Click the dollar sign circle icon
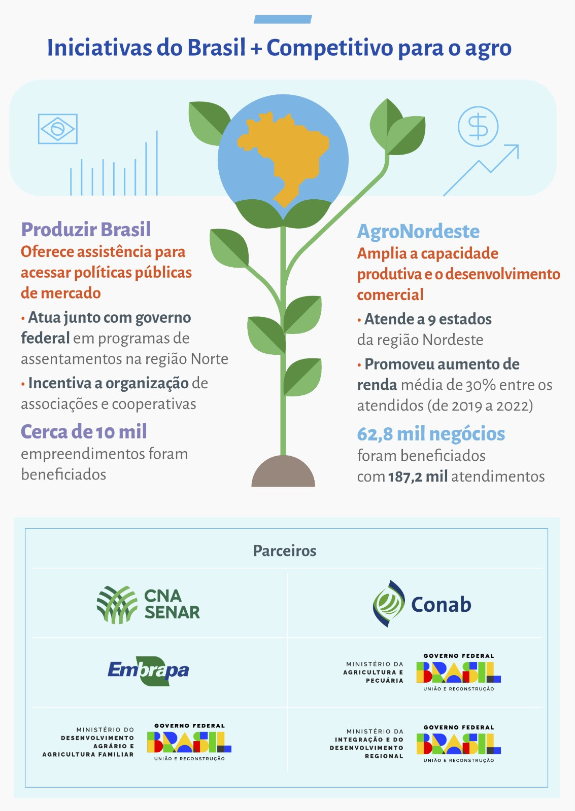478,126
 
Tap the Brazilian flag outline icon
58,129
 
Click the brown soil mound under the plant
283,471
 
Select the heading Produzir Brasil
86,229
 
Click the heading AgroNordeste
418,231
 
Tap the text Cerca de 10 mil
84,431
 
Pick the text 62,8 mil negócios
431,434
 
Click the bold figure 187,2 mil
418,476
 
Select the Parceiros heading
285,550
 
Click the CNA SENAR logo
148,605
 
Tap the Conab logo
422,604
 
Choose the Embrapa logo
148,671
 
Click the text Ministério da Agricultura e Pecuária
374,672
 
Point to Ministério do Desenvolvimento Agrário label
88,742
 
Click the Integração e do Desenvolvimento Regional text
366,744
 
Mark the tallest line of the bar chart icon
157,163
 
